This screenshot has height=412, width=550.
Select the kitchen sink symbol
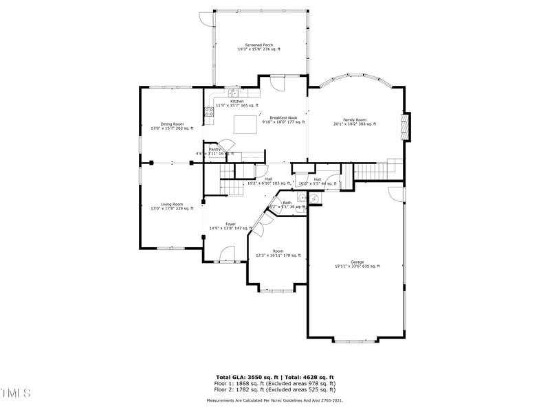[233, 93]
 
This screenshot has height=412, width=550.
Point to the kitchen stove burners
[208, 111]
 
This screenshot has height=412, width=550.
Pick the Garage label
[357, 264]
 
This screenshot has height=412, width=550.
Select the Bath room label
[287, 204]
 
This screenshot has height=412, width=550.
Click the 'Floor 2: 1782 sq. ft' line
[275, 389]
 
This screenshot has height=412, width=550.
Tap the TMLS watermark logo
[15, 393]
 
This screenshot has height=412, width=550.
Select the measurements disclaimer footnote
[275, 400]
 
